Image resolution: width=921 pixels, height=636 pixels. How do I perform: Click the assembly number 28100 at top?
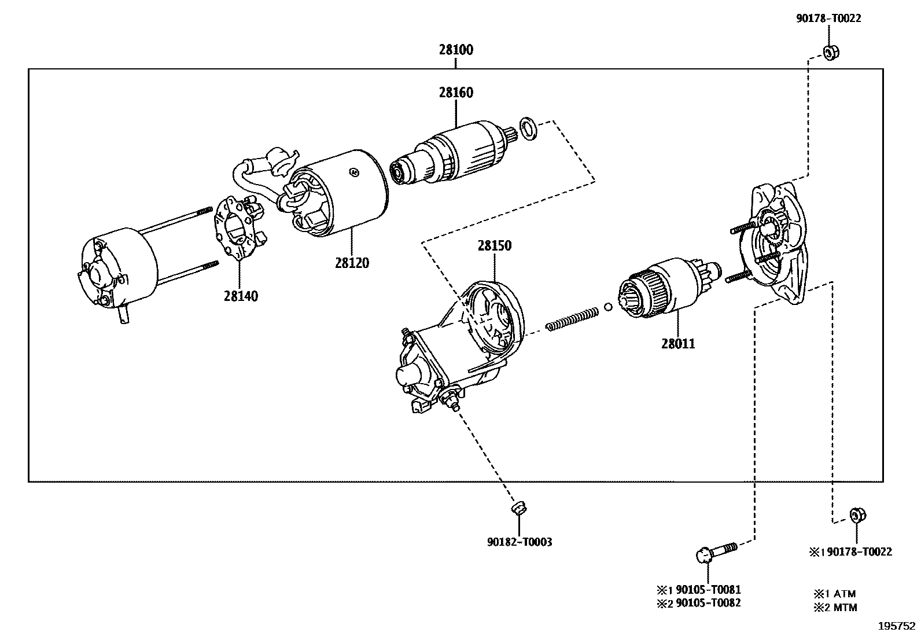pos(455,50)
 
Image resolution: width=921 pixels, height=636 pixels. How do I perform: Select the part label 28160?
pos(455,93)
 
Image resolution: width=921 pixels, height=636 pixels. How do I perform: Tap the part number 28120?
pos(351,263)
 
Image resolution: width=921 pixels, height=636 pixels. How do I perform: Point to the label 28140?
pos(241,296)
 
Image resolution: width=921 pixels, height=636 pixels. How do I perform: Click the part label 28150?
pos(495,245)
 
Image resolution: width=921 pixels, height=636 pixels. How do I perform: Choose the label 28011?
pos(678,344)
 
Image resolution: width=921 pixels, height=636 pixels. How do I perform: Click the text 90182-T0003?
pos(519,542)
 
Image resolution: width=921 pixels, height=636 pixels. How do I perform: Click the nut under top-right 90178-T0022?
pos(831,53)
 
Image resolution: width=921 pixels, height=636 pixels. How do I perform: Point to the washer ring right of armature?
pos(528,128)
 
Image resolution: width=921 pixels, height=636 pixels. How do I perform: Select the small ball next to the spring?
pos(608,306)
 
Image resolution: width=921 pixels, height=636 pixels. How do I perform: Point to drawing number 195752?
pos(896,626)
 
